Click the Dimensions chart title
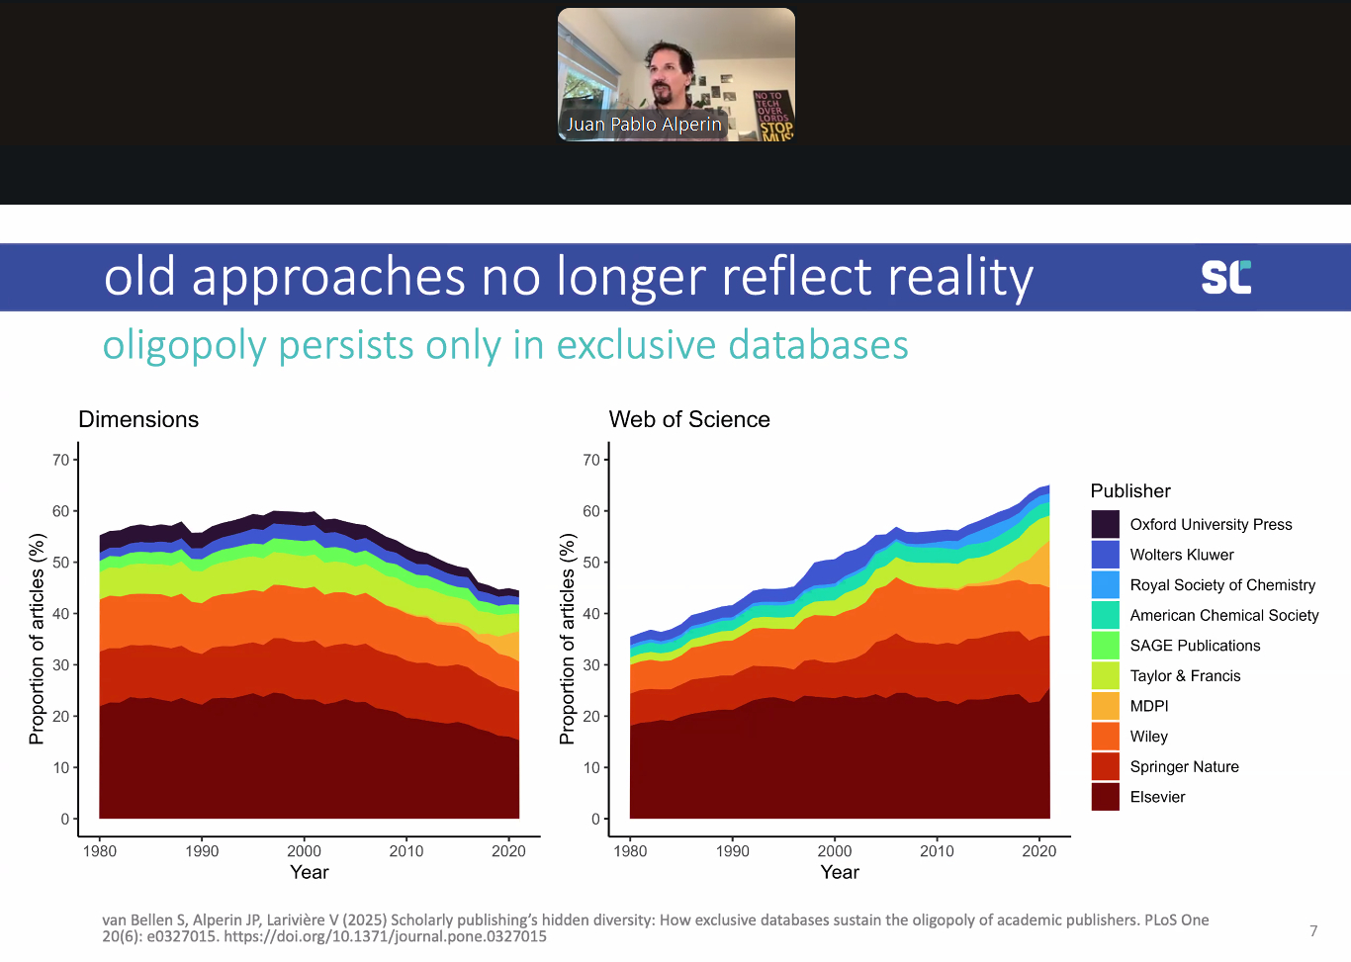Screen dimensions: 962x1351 (138, 419)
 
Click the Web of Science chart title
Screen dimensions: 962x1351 (689, 419)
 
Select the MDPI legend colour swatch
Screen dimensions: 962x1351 (1105, 706)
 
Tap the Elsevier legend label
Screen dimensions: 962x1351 (1157, 797)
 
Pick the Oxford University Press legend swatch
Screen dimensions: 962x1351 (1105, 524)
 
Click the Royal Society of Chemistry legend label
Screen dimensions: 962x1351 (1222, 585)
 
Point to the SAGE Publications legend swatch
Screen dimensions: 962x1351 (1105, 646)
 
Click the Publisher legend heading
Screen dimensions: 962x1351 (1130, 490)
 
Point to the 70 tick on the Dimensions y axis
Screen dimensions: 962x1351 (61, 460)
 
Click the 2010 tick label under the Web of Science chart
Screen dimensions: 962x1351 (937, 850)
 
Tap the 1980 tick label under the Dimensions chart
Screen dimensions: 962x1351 (100, 850)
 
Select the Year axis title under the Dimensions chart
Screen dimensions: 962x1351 (309, 872)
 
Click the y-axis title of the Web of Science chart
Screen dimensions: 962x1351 (567, 639)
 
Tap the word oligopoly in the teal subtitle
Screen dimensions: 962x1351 (185, 346)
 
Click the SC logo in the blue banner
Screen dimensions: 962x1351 (1226, 277)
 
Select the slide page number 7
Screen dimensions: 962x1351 (1313, 930)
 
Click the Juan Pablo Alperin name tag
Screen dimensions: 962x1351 (644, 125)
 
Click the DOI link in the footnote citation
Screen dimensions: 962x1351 (385, 936)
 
